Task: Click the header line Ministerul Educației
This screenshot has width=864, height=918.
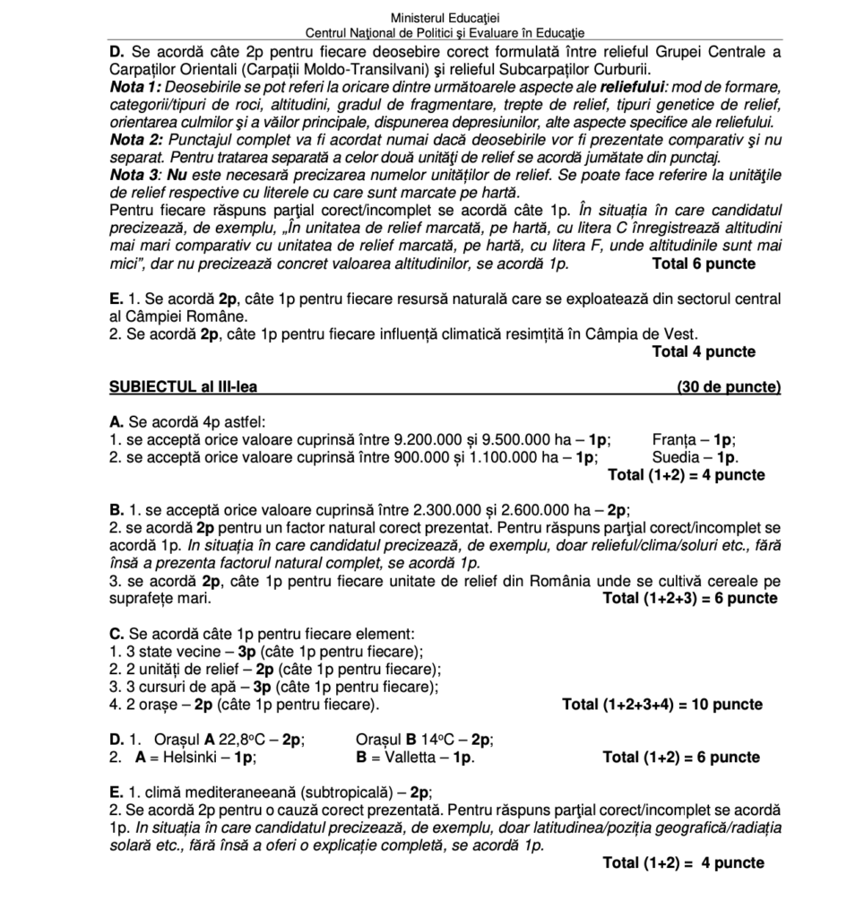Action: [445, 18]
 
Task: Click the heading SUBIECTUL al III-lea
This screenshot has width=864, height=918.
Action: [187, 387]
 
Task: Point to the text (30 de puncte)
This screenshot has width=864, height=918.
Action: [730, 387]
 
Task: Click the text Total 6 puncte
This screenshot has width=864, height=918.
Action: [704, 264]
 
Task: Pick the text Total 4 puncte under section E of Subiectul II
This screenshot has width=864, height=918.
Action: [704, 351]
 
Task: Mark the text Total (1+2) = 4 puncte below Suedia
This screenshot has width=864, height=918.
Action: [686, 474]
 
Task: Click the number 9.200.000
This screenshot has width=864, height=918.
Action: [428, 439]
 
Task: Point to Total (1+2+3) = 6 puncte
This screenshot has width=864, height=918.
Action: [690, 598]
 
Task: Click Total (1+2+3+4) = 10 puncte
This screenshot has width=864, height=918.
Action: [662, 704]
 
